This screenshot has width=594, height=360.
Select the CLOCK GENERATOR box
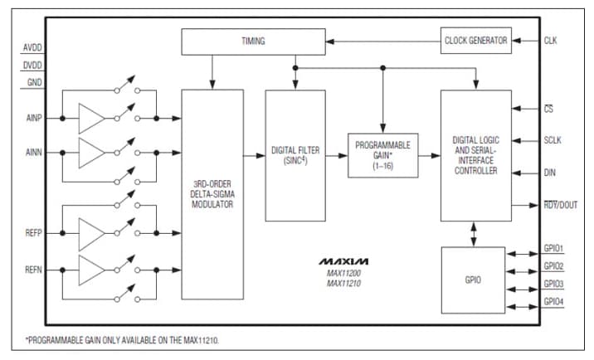[475, 40]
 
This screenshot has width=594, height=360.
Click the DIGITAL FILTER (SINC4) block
[295, 155]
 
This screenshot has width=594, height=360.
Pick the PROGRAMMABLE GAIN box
[382, 154]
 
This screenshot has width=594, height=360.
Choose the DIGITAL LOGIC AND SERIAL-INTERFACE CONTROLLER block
[475, 155]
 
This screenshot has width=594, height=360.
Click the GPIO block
[473, 280]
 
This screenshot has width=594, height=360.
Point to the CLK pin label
[551, 40]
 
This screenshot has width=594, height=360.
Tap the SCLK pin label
[553, 140]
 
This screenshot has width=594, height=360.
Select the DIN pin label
[549, 173]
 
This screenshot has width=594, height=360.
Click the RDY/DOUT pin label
[561, 206]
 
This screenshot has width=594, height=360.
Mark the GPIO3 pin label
[553, 284]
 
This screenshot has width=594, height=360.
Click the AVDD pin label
[32, 47]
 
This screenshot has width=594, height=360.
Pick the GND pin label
[34, 82]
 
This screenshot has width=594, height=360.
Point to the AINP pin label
[33, 118]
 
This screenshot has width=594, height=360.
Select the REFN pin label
[32, 270]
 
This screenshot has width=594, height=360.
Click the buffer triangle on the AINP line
[91, 118]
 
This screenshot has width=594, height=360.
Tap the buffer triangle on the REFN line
[91, 270]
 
